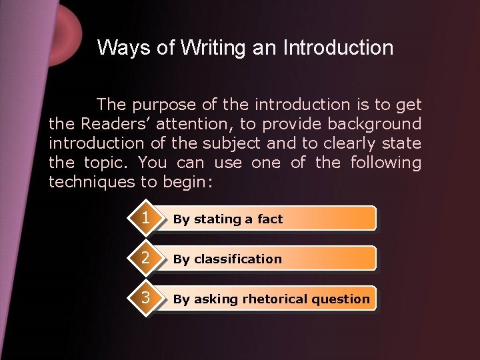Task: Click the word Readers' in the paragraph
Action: tap(112, 124)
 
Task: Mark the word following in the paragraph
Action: tap(387, 163)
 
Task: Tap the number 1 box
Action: tap(145, 218)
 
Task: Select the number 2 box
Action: tap(145, 258)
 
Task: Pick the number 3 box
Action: tap(145, 297)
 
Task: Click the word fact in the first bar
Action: tap(270, 219)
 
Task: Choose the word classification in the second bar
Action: tap(238, 259)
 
